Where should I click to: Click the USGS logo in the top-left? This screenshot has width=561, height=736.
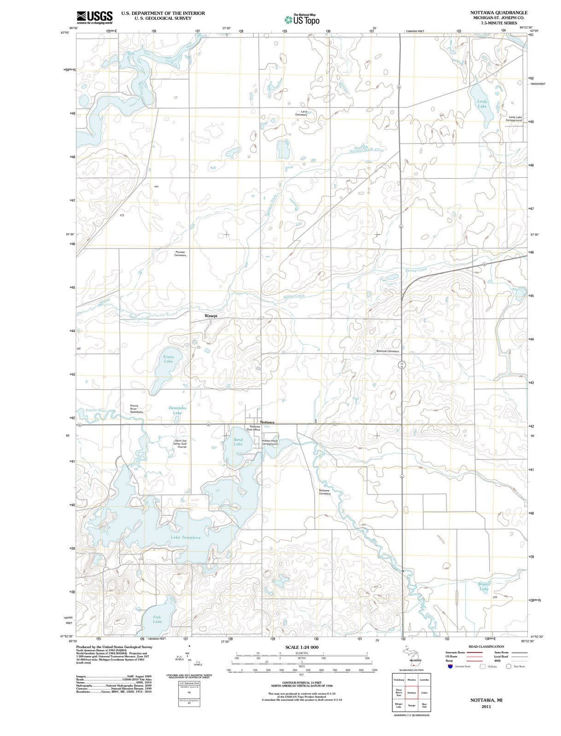tap(94, 17)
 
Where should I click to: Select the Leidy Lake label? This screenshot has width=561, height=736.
tap(482, 103)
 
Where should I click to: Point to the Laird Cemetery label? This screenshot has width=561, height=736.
tap(301, 113)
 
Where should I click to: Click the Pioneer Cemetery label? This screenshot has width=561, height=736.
tap(180, 253)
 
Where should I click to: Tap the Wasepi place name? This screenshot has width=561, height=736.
tap(210, 316)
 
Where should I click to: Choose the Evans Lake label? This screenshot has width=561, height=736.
tap(169, 359)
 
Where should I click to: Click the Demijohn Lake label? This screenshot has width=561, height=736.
tap(177, 410)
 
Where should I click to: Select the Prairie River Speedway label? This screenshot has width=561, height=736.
tap(136, 409)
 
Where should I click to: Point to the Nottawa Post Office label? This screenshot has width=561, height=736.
tap(255, 428)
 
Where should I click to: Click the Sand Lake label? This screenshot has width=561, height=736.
tap(238, 442)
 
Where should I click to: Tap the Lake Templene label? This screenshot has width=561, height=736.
tap(186, 537)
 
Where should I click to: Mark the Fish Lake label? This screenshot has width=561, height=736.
tap(157, 619)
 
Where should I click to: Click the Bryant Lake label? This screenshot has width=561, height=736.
tap(484, 586)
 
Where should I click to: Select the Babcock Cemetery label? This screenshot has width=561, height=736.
tap(387, 351)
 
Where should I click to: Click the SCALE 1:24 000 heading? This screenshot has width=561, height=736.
tap(302, 647)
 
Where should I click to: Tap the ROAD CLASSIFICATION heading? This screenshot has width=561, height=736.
tap(486, 646)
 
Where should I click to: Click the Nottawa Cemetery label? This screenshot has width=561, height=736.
tap(325, 492)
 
